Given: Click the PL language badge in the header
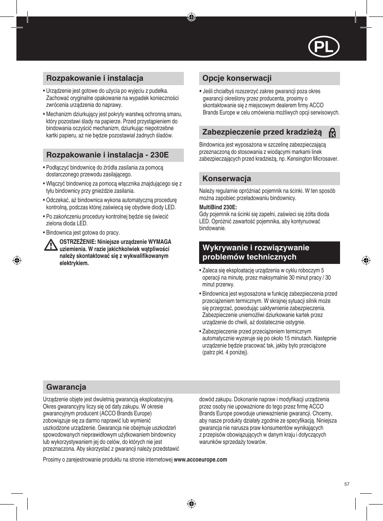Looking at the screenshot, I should click(324, 47).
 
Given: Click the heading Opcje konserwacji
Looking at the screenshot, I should click(237, 78).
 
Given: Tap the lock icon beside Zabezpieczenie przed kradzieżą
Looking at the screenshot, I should click(332, 133).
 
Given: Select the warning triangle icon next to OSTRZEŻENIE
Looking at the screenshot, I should click(51, 245).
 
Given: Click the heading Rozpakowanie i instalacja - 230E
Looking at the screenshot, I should click(107, 155).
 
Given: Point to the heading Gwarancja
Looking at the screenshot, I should click(66, 387).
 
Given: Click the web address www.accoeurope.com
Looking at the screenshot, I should click(200, 460).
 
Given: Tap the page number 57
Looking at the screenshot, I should click(347, 484).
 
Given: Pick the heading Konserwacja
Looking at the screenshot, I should click(226, 179).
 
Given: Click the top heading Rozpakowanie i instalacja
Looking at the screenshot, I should click(95, 78).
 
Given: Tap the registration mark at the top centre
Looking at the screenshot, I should click(191, 17).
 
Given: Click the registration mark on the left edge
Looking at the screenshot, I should click(17, 260).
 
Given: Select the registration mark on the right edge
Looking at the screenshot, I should click(366, 260).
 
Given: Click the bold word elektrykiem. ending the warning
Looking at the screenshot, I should click(74, 263).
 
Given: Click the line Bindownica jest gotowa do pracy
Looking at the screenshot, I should click(83, 233).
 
